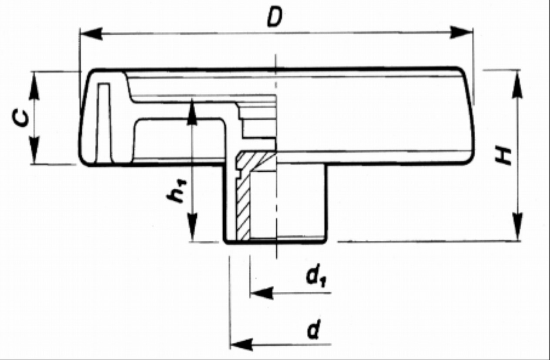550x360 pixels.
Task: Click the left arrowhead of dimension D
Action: (91, 33)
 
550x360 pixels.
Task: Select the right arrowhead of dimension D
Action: (462, 33)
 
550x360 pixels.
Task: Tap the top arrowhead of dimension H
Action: (517, 83)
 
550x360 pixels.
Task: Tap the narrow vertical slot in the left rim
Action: (103, 122)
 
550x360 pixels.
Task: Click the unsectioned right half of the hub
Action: (300, 202)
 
